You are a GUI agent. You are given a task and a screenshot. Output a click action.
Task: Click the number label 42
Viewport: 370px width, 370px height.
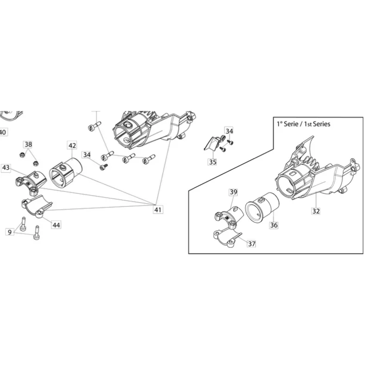click(72, 145)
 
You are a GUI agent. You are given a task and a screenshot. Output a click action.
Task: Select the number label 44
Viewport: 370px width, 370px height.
click(56, 225)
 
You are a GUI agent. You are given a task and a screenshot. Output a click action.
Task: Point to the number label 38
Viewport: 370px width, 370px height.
click(28, 144)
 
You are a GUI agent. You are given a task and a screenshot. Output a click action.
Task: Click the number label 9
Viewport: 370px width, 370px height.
click(9, 231)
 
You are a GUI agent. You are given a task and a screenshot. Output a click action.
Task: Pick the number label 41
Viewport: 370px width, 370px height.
click(158, 210)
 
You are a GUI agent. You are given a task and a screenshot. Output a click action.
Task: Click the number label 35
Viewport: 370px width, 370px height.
click(213, 162)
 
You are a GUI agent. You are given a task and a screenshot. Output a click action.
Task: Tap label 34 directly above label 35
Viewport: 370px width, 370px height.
click(229, 130)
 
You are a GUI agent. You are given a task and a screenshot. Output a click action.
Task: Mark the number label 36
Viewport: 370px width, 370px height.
click(274, 225)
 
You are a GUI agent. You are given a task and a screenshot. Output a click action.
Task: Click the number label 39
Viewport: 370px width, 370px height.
click(233, 192)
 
